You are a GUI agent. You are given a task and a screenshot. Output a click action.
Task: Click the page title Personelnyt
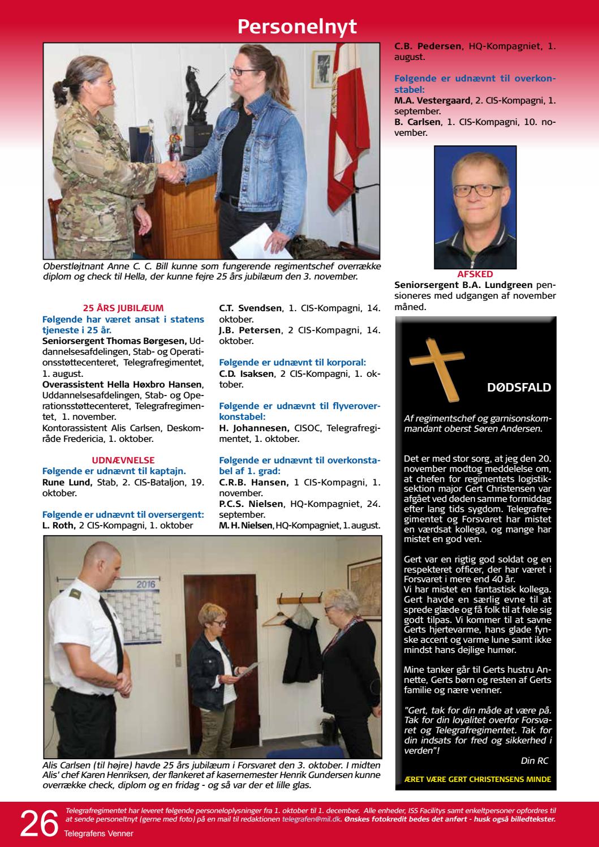click(297, 27)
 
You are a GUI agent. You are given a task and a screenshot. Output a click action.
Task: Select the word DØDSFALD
click(519, 388)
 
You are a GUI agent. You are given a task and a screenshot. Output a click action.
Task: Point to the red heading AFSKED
click(475, 273)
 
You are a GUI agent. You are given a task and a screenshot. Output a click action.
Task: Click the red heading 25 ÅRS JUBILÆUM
click(123, 308)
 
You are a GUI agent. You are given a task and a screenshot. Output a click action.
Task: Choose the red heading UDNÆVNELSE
click(123, 460)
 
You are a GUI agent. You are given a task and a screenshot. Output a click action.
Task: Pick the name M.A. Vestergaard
click(432, 100)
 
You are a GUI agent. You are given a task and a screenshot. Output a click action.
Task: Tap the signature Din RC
click(535, 761)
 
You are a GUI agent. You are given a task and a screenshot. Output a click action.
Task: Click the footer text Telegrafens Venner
click(98, 833)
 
